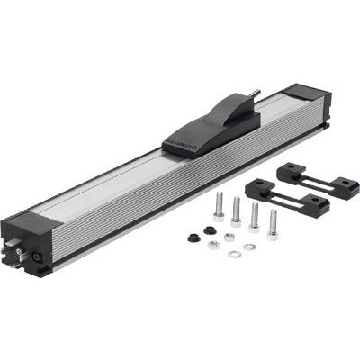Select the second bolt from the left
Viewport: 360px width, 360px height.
click(x=236, y=211)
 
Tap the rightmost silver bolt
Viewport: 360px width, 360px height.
click(x=273, y=221)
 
